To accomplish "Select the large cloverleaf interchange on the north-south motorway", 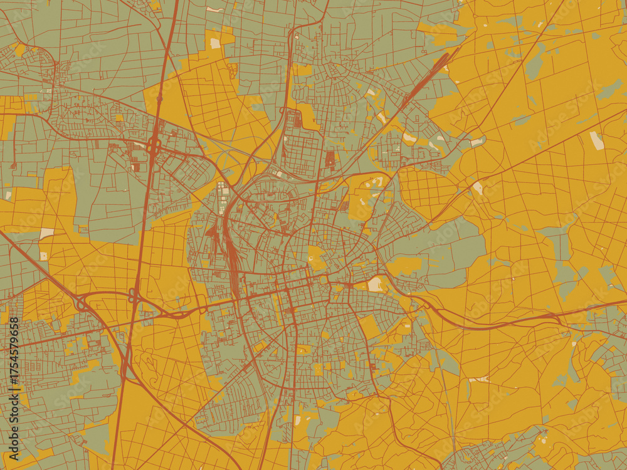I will pyautogui.click(x=154, y=147).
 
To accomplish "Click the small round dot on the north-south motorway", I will pyautogui.click(x=160, y=98).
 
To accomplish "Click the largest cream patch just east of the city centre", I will pyautogui.click(x=376, y=285).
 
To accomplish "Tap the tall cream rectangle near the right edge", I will pyautogui.click(x=597, y=140).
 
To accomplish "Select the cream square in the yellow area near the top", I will pyautogui.click(x=215, y=43).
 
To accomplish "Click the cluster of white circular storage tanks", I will pyautogui.click(x=221, y=191).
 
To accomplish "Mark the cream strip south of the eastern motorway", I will pyautogui.click(x=480, y=379).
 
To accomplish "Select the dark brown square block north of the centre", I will pyautogui.click(x=330, y=159).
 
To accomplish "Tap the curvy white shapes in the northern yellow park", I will pyautogui.click(x=376, y=182).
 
